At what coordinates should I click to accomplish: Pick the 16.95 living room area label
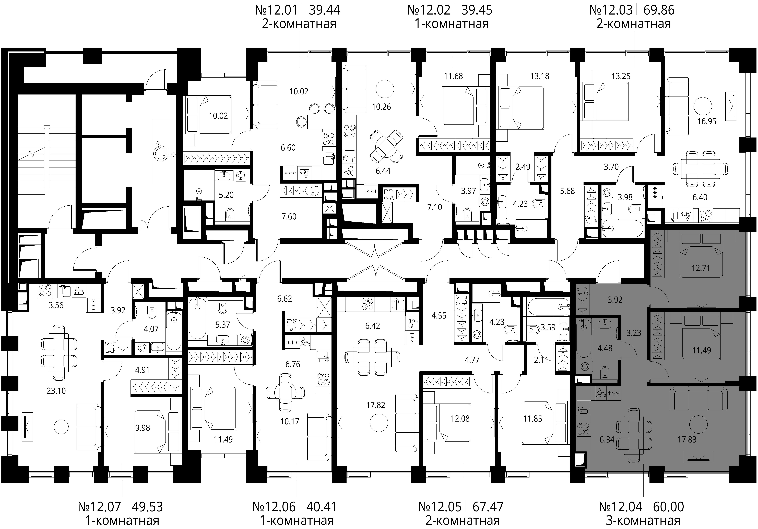pos(707,121)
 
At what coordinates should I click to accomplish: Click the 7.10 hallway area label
pos(434,207)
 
